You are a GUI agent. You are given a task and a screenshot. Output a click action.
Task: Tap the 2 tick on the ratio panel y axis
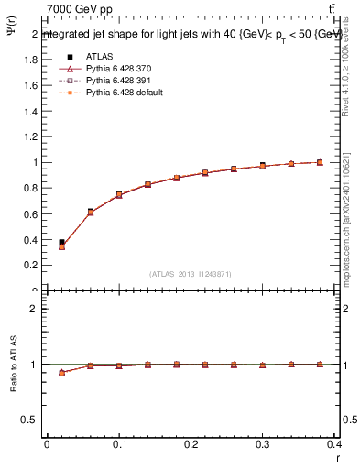coord(34,308)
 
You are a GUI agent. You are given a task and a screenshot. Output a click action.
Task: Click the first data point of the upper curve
coord(61,244)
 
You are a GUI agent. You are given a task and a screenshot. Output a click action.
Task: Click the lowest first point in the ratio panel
coord(61,372)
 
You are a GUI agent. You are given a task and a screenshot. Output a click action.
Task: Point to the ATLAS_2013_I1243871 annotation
coord(191,274)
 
